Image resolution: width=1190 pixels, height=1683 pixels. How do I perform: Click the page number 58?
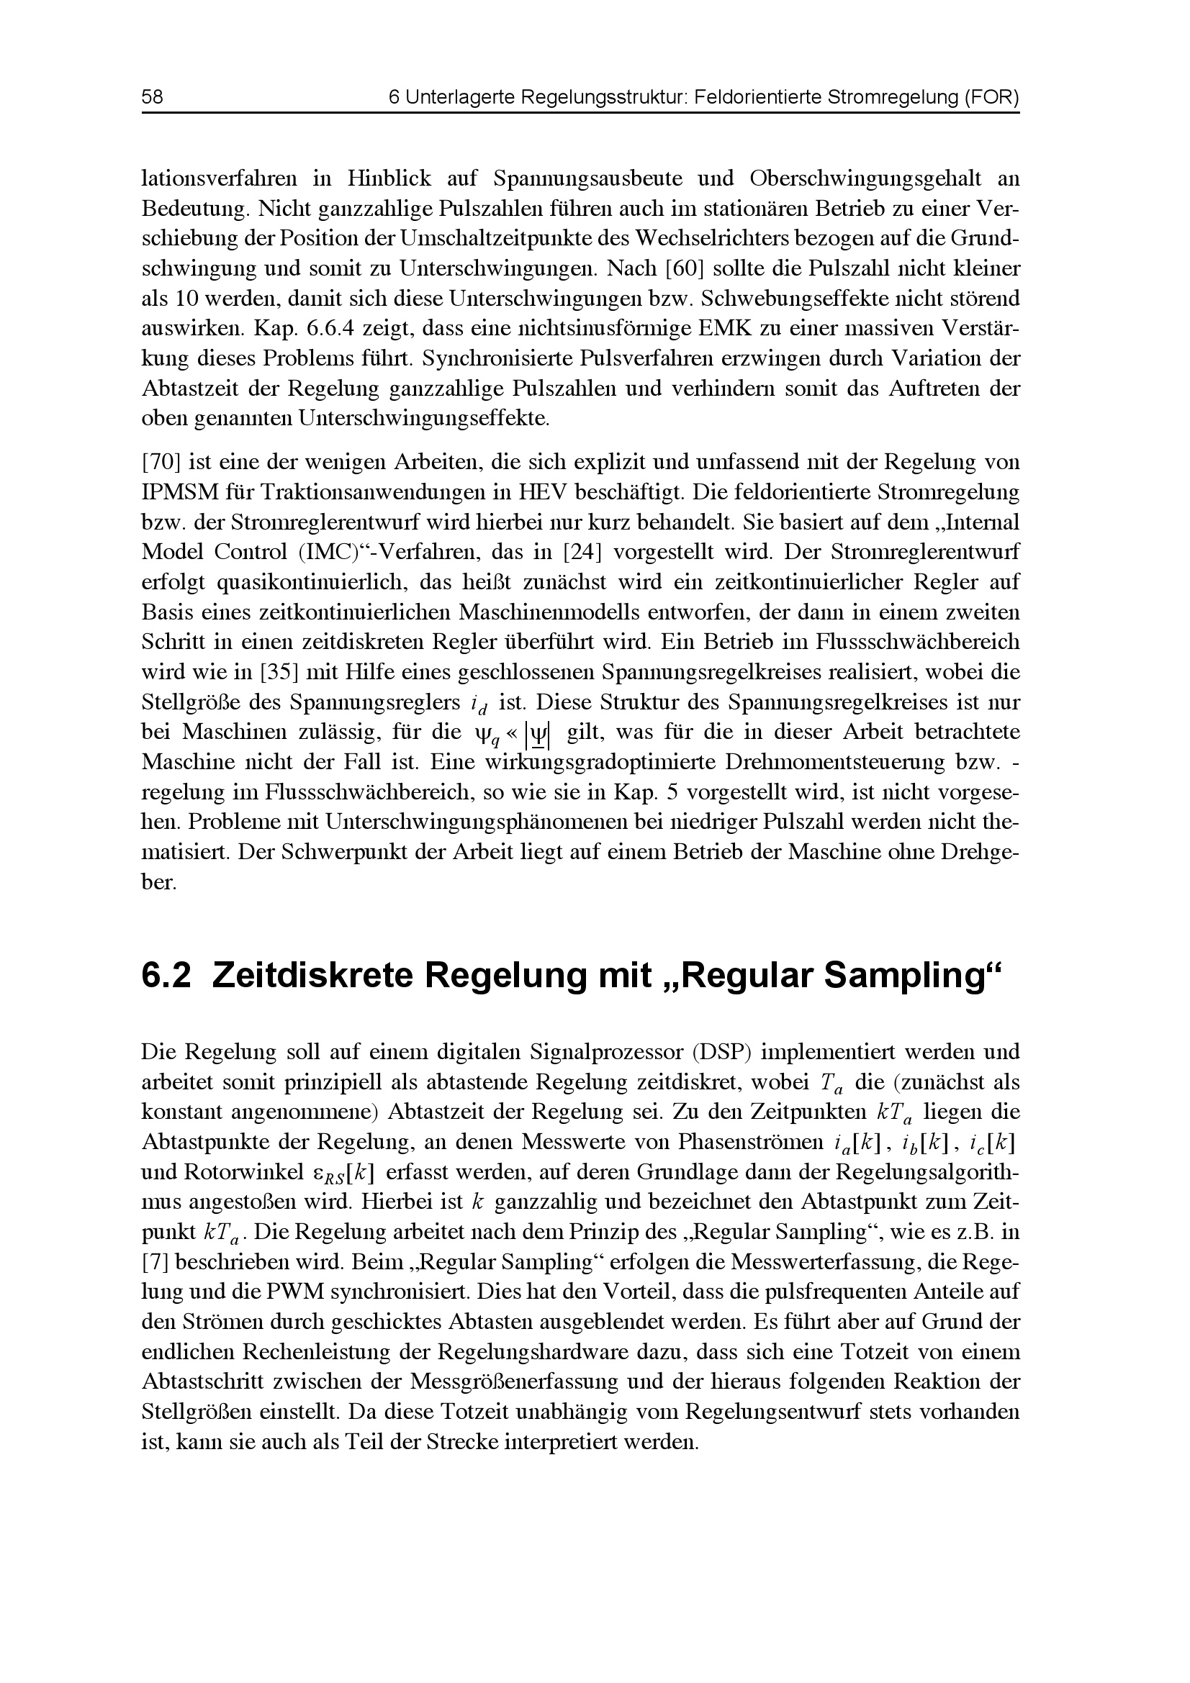pyautogui.click(x=153, y=97)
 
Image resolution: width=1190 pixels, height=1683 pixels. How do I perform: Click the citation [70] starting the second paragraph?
pyautogui.click(x=160, y=463)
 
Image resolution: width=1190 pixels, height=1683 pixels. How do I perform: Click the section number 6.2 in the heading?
pyautogui.click(x=166, y=977)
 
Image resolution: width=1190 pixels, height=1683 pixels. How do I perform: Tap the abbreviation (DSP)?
pyautogui.click(x=722, y=1053)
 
